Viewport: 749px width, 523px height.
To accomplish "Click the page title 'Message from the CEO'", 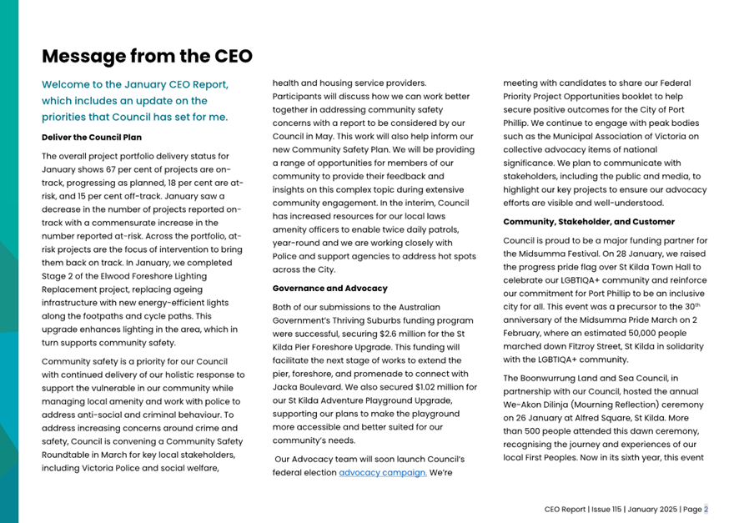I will click(147, 56).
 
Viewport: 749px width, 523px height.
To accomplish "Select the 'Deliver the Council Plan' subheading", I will click(92, 137).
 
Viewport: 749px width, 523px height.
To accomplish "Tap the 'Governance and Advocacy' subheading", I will click(329, 289).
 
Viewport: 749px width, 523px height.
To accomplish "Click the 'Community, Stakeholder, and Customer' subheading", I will click(589, 222).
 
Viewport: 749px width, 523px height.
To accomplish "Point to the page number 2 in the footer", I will click(706, 509).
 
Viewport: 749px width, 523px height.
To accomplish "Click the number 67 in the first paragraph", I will click(117, 168).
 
